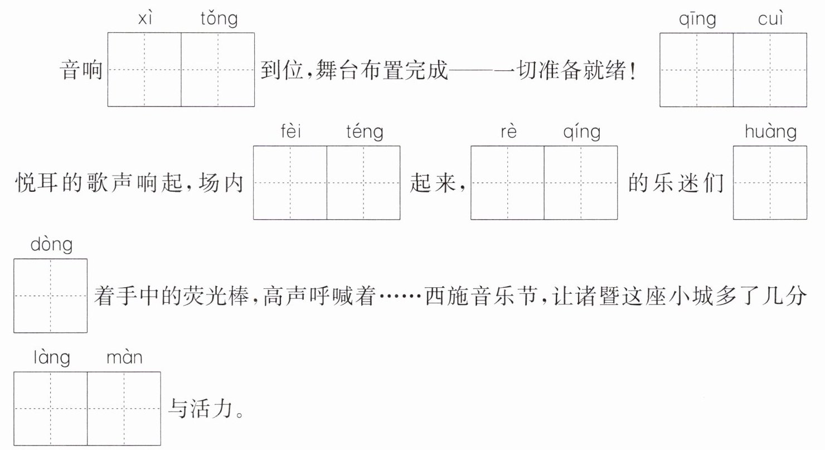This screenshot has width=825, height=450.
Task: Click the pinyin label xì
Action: click(145, 18)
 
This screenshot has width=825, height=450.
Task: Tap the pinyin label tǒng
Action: click(219, 19)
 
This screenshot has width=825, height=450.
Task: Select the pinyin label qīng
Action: click(697, 19)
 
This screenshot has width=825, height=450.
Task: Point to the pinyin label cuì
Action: click(770, 18)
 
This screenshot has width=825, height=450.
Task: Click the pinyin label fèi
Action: click(290, 132)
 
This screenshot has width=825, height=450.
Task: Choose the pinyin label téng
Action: click(365, 132)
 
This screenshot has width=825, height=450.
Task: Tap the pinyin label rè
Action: click(508, 132)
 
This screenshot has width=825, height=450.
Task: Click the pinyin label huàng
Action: click(770, 132)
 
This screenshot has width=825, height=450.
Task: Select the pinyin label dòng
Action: click(51, 245)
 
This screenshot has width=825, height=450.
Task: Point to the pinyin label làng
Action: click(51, 358)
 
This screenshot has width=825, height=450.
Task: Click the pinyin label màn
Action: click(124, 357)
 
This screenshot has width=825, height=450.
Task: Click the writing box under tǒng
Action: click(217, 70)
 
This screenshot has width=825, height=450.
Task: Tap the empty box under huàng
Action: click(770, 183)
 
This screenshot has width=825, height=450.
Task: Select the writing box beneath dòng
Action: click(51, 296)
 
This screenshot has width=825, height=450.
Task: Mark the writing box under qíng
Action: click(581, 183)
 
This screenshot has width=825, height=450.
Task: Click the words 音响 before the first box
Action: click(81, 70)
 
